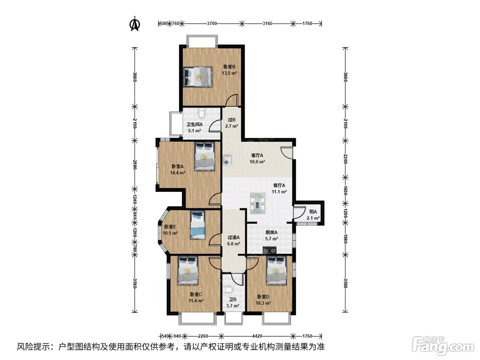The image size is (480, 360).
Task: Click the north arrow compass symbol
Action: [x=135, y=24]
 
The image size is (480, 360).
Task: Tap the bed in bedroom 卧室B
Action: [x=198, y=77]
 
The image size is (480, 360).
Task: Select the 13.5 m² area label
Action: [x=229, y=73]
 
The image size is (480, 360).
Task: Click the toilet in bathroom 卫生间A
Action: [x=201, y=113]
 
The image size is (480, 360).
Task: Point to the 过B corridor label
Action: [x=231, y=120]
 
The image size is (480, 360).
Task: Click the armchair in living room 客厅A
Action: [x=227, y=159]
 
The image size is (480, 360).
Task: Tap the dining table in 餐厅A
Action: [x=257, y=203]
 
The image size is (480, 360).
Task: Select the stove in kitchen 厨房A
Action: [x=269, y=250]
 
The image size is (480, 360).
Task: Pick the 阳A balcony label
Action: [x=313, y=212]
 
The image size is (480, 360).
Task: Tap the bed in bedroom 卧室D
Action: [x=276, y=271]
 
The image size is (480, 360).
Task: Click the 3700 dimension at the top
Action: [x=212, y=23]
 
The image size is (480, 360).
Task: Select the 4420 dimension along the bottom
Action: [x=257, y=336]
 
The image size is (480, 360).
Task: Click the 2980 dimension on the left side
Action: [x=135, y=165]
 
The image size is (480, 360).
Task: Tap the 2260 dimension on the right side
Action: [x=345, y=159]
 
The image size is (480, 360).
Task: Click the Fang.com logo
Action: [x=443, y=346]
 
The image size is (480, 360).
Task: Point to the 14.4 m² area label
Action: [x=178, y=173]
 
